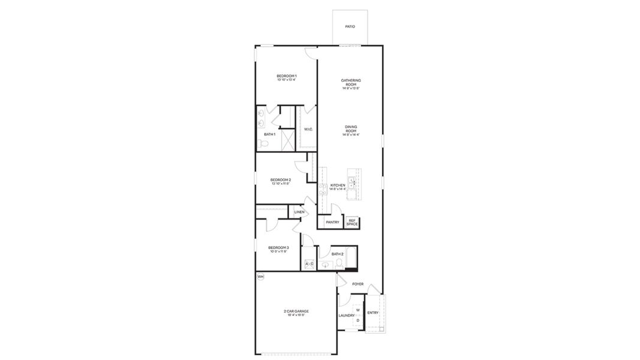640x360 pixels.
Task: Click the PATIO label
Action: (x=350, y=26)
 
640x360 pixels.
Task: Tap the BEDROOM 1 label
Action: (x=287, y=76)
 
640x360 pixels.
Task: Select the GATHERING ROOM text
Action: (x=351, y=83)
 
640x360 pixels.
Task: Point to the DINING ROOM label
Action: (x=351, y=128)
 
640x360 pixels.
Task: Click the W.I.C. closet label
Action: (x=308, y=129)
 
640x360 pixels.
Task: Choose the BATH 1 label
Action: (x=270, y=134)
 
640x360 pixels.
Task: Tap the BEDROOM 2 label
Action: (x=280, y=180)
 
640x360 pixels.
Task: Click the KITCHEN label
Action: (x=338, y=185)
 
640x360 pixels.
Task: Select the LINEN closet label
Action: (x=299, y=212)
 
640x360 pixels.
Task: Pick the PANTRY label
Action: (x=332, y=222)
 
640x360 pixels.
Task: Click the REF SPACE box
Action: (x=352, y=223)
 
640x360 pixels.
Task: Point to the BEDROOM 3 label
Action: (x=278, y=248)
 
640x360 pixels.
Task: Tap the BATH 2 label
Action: (x=337, y=254)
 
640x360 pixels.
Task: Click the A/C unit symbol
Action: (x=310, y=264)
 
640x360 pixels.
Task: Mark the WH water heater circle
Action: (x=260, y=277)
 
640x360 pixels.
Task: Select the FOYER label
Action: (x=357, y=284)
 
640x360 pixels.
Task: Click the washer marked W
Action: (x=357, y=310)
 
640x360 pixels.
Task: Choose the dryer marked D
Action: (x=357, y=320)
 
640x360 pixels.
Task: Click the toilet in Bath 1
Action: (x=262, y=144)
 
